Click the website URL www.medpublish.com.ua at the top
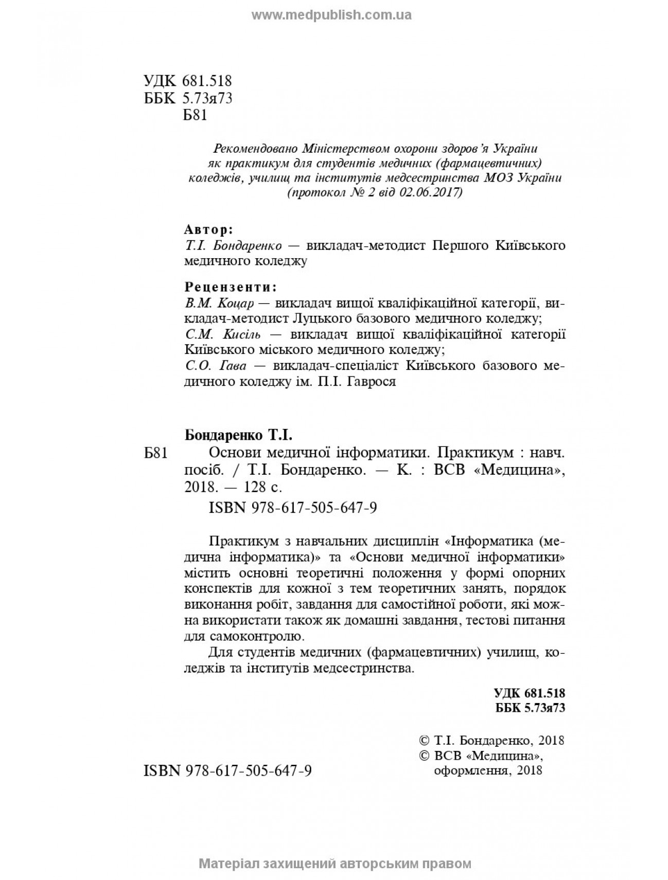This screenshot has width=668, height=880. [x=331, y=15]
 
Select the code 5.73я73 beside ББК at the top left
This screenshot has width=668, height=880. [x=207, y=98]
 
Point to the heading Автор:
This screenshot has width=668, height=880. [x=208, y=229]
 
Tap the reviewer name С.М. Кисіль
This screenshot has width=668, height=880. [x=222, y=334]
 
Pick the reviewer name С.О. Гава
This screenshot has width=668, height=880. [x=216, y=366]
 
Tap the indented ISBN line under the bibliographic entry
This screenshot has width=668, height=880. [x=293, y=508]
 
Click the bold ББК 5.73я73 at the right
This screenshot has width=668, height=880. [x=530, y=708]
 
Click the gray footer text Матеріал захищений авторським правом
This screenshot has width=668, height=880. [x=335, y=864]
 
